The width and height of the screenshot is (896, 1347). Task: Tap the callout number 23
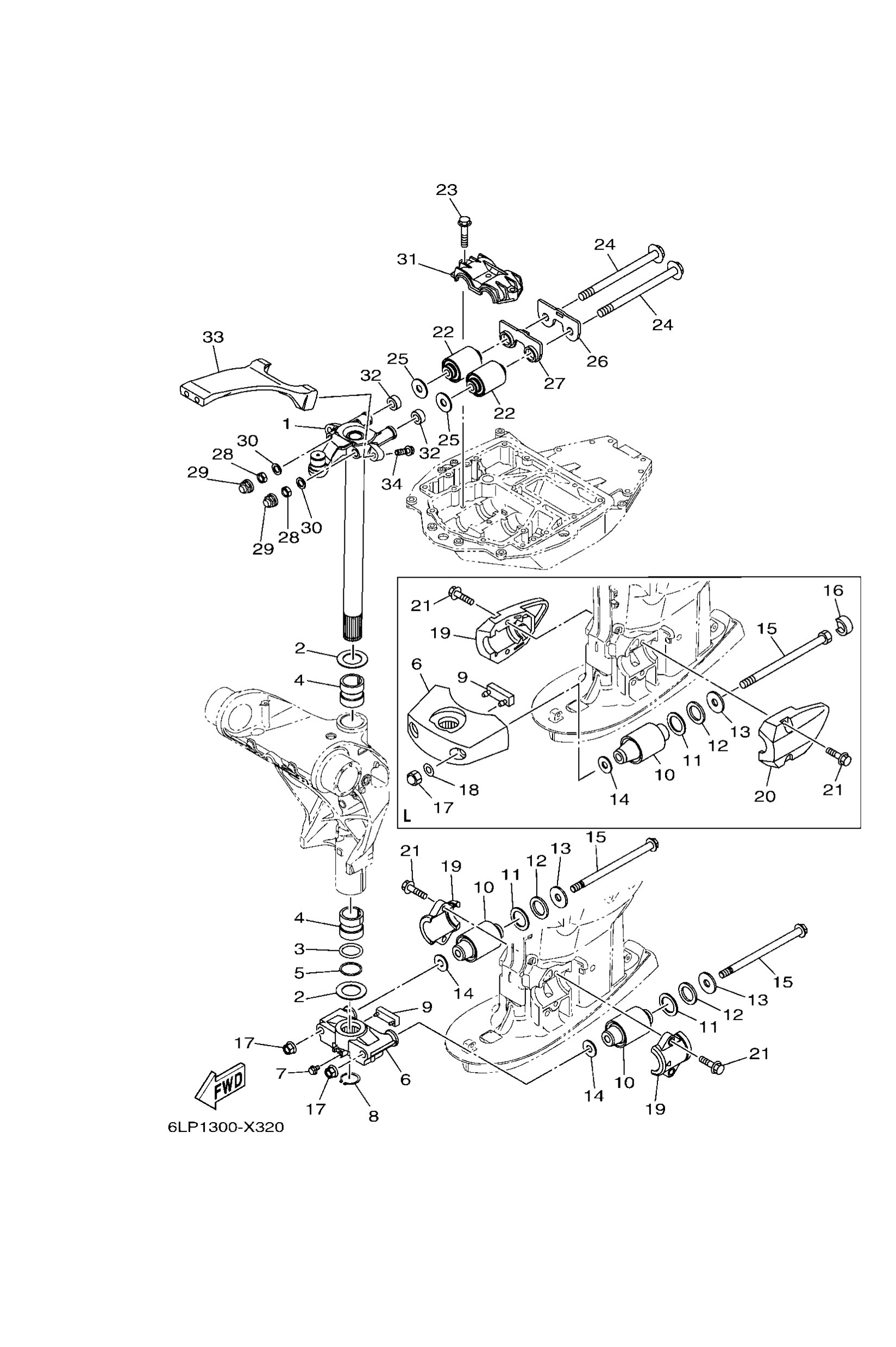pyautogui.click(x=447, y=189)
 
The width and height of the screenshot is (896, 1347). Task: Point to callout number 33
pyautogui.click(x=213, y=337)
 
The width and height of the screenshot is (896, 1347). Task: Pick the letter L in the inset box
pyautogui.click(x=407, y=816)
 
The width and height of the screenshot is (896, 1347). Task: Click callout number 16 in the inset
pyautogui.click(x=833, y=590)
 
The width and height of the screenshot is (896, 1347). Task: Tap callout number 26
pyautogui.click(x=597, y=361)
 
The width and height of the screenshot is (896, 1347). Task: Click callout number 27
pyautogui.click(x=554, y=383)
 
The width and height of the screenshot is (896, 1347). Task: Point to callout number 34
pyautogui.click(x=392, y=484)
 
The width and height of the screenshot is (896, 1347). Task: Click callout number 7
pyautogui.click(x=281, y=1073)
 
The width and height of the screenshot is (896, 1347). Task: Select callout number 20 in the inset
pyautogui.click(x=765, y=796)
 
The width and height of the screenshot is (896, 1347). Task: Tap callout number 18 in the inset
pyautogui.click(x=468, y=790)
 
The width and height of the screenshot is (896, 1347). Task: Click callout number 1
pyautogui.click(x=287, y=423)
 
